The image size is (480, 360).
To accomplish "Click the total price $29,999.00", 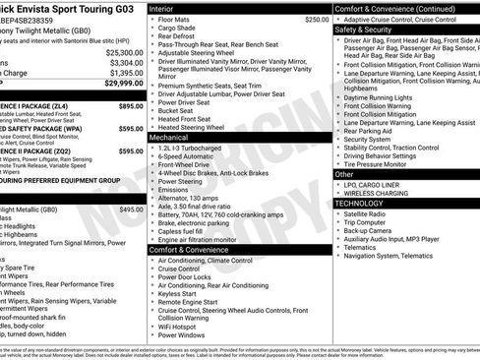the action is click(122, 85).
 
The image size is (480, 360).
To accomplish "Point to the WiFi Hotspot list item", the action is click(185, 324).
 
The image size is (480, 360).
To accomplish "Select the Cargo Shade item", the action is click(180, 29).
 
